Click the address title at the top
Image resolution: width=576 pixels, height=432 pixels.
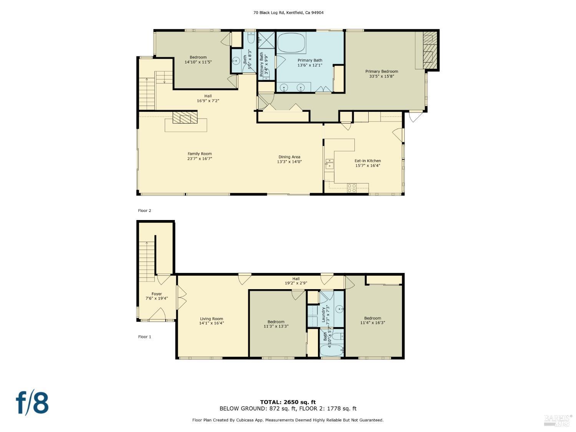coord(288,13)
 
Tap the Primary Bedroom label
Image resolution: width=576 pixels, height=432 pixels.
coord(381,71)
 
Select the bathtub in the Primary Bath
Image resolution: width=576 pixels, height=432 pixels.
coord(291,43)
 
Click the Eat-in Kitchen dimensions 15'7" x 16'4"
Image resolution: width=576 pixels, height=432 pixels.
coord(367,166)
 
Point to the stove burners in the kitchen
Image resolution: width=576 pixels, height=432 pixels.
coord(352,188)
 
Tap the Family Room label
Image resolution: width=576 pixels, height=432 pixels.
coord(200,154)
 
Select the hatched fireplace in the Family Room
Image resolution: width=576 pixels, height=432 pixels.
coord(185,117)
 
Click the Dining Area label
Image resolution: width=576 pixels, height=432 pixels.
coord(289,157)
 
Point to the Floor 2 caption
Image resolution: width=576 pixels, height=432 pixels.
coord(145,210)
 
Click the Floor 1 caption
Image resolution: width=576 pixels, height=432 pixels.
coord(145,337)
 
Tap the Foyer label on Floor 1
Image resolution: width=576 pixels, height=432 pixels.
coord(157,294)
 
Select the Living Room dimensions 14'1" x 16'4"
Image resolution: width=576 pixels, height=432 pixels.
coord(212,323)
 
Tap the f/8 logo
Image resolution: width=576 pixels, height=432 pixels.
coord(32,402)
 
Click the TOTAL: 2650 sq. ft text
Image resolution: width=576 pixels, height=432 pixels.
coord(288,402)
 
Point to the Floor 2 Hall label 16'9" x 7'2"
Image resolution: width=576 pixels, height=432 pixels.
coord(208,98)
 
